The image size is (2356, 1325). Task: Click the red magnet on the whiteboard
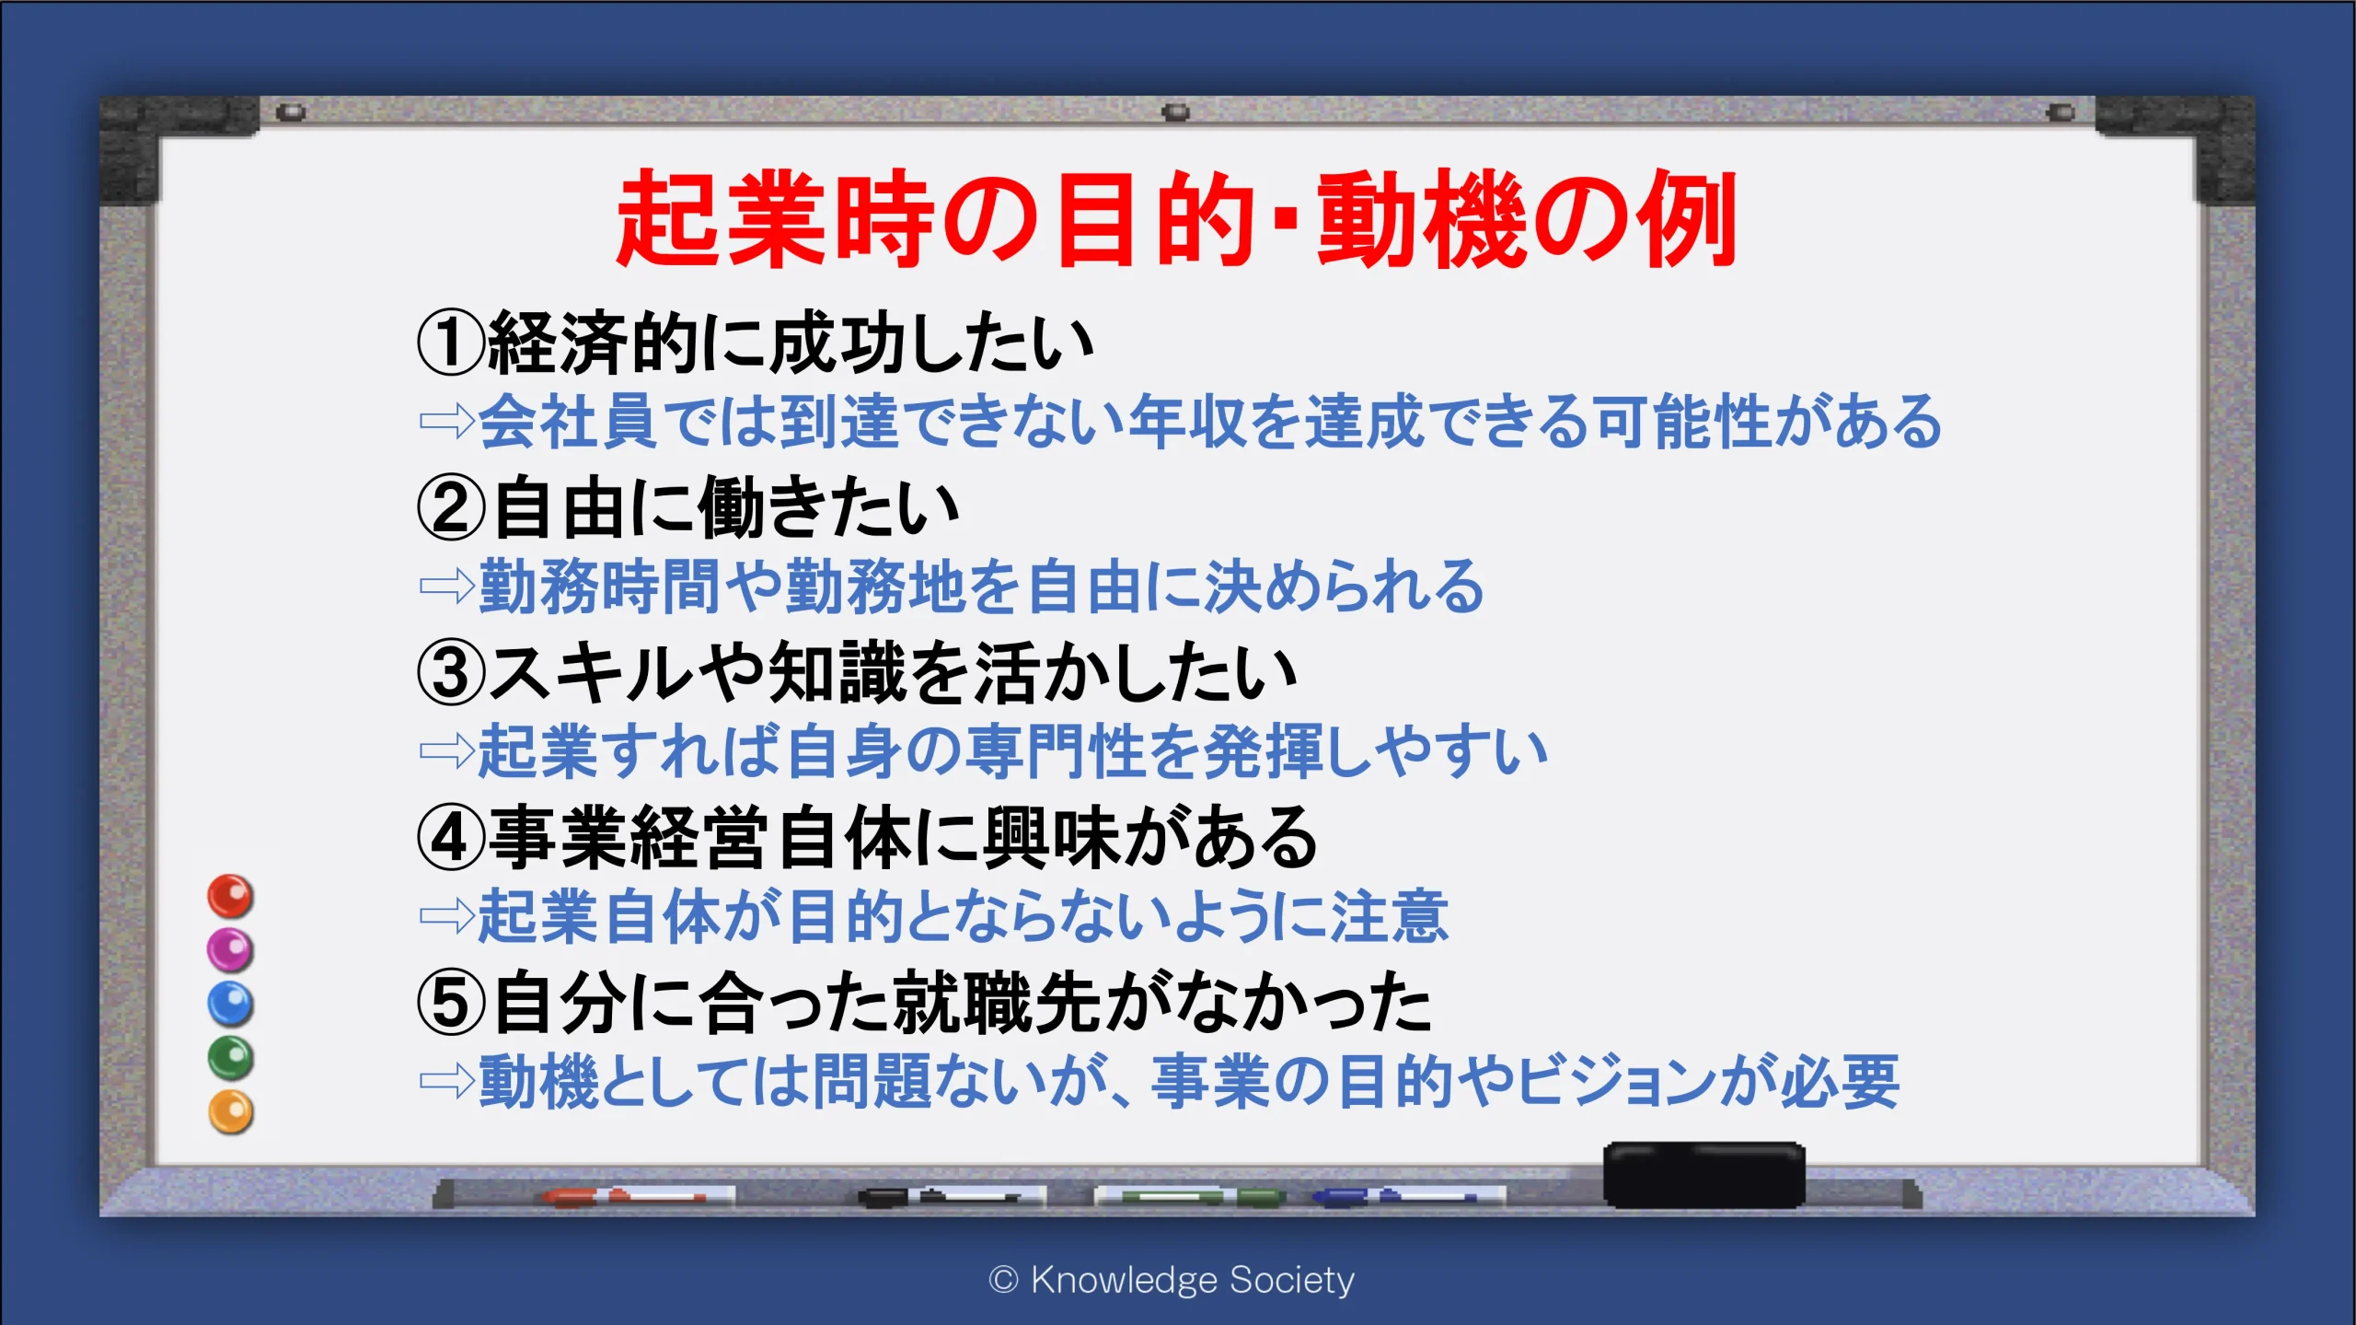[x=230, y=896]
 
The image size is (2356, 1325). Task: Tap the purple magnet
[x=230, y=950]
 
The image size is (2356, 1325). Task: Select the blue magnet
[x=230, y=1004]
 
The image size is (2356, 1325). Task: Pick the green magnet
[x=230, y=1058]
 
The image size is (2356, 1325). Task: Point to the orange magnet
[x=230, y=1112]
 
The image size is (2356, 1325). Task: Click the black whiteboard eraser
[x=1703, y=1175]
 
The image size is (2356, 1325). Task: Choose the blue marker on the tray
[x=1408, y=1197]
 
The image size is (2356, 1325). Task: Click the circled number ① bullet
[x=451, y=343]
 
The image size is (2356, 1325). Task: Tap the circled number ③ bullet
[x=451, y=673]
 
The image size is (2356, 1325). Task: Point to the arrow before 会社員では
[x=447, y=422]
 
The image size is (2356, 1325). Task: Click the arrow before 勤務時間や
[x=447, y=586]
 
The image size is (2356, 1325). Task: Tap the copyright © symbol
[x=1003, y=1280]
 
